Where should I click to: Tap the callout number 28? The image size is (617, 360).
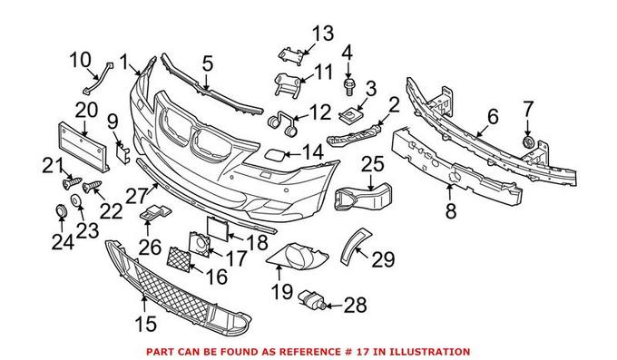click(355, 306)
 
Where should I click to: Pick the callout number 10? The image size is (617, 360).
click(80, 62)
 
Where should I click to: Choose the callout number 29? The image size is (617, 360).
click(383, 259)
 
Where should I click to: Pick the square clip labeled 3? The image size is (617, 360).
click(350, 115)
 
